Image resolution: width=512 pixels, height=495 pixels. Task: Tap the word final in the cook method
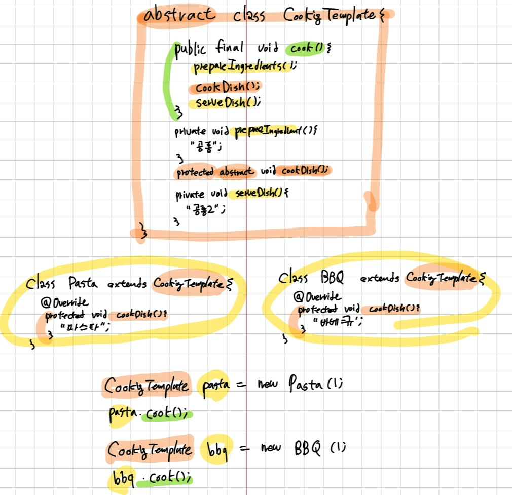point(230,49)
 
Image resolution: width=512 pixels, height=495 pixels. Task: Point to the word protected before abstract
point(195,172)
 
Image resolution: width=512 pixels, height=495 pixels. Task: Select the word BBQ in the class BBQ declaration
point(332,278)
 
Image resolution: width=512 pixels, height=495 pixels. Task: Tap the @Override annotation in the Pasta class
point(64,302)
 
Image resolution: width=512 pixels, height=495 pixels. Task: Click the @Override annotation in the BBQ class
point(317,296)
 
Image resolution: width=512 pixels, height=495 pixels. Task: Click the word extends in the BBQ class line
point(379,278)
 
